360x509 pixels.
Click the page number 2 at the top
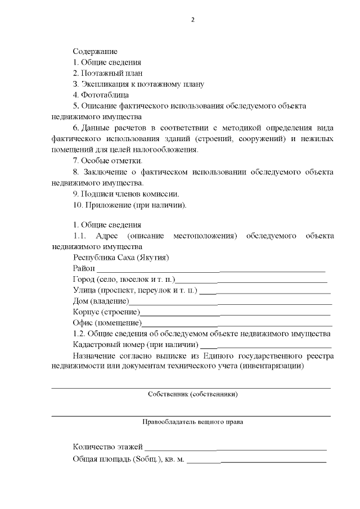tap(192, 20)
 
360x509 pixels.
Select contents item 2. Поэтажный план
tap(107, 73)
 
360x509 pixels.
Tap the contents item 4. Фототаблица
tap(101, 94)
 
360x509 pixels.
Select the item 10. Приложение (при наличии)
tap(129, 204)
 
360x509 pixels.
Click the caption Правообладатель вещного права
tap(192, 421)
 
